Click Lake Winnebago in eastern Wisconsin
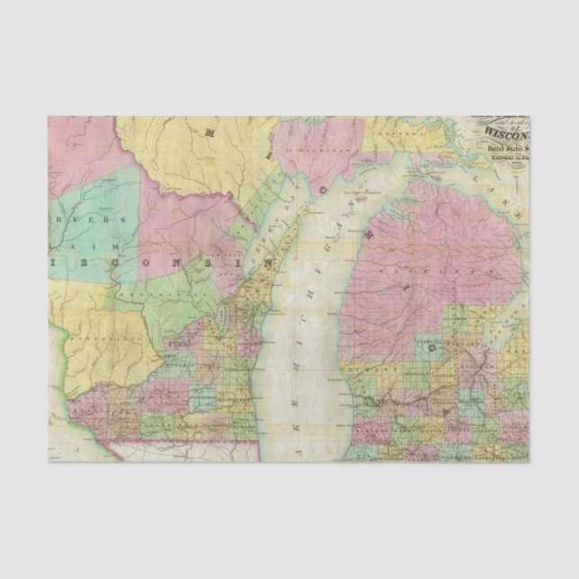click(x=221, y=317)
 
